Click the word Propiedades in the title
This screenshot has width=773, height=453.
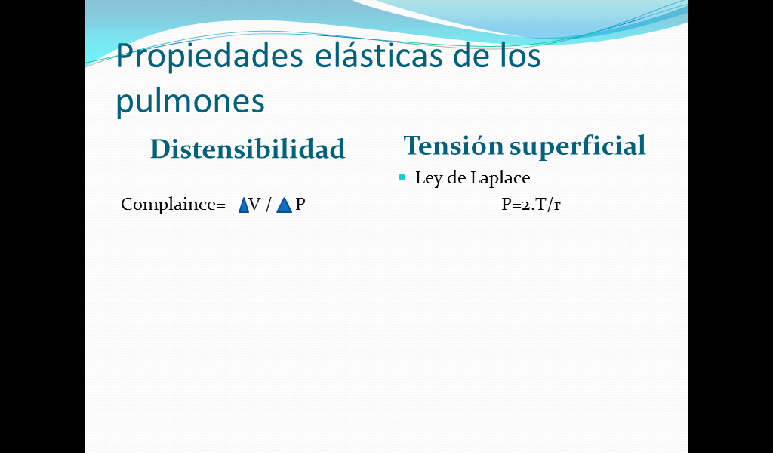click(210, 57)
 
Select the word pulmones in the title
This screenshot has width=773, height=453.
click(190, 102)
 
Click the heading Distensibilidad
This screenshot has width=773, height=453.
click(248, 149)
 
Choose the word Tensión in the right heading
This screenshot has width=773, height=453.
click(454, 146)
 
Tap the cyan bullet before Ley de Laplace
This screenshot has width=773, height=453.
click(402, 177)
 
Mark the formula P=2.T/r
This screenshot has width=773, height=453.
click(531, 204)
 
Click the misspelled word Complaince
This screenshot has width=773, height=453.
click(173, 205)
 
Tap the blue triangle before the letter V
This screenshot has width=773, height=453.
click(244, 205)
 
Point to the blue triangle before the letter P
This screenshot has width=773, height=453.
click(284, 205)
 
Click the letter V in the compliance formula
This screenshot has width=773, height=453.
click(255, 204)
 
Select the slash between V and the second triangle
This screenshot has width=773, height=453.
click(268, 205)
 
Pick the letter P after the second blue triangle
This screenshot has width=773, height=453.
click(300, 204)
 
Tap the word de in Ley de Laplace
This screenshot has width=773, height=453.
click(457, 178)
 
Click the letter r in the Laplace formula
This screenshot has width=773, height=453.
click(557, 205)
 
